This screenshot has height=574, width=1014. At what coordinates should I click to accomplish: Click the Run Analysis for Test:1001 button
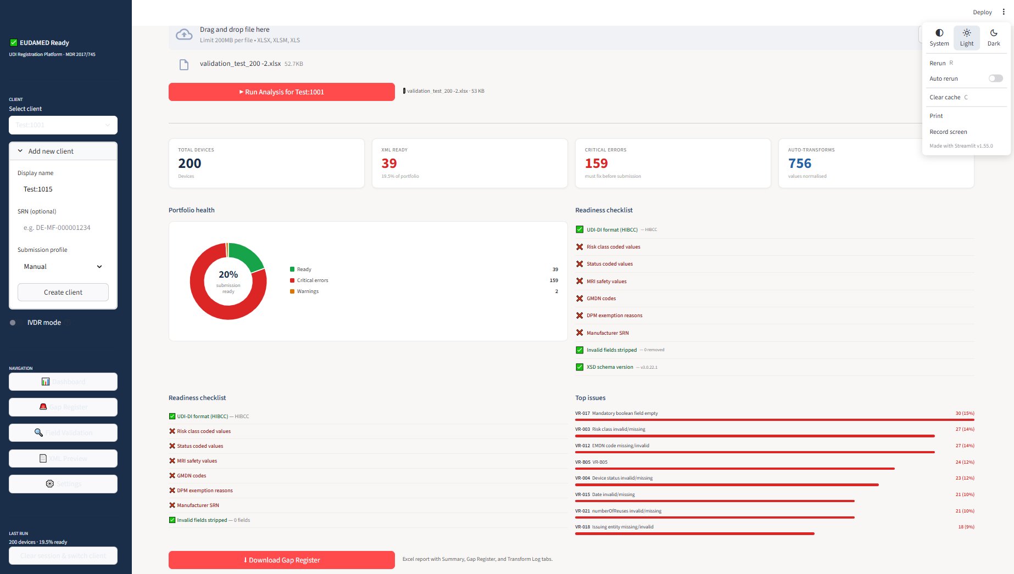(x=281, y=92)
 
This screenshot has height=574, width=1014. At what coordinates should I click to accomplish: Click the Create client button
(x=63, y=292)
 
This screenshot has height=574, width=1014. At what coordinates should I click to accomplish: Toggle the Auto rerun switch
(x=995, y=78)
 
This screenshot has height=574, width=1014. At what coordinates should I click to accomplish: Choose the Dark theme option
(x=993, y=37)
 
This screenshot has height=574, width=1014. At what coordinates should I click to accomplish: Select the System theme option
(x=939, y=37)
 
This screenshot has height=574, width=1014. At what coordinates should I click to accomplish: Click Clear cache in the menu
(x=945, y=97)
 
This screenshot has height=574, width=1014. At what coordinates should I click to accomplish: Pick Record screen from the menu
(x=948, y=132)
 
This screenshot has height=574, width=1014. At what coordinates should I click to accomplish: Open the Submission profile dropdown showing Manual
(x=63, y=267)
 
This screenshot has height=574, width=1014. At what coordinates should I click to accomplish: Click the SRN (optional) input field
(x=63, y=228)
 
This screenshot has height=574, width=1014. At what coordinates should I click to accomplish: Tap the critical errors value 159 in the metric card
(x=596, y=164)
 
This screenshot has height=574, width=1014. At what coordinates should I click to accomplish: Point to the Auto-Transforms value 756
(x=799, y=164)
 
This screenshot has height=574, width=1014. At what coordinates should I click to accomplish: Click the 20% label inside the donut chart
(x=228, y=274)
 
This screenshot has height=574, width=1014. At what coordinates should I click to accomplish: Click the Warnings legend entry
(x=308, y=291)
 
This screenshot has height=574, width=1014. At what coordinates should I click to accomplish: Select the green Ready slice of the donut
(x=248, y=254)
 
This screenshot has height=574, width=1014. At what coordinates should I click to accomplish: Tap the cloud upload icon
(x=184, y=35)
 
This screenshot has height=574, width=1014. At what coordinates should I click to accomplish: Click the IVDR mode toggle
(x=13, y=323)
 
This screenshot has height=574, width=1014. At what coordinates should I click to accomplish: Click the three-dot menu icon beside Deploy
(x=1004, y=12)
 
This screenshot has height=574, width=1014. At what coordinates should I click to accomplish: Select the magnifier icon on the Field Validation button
(x=38, y=432)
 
